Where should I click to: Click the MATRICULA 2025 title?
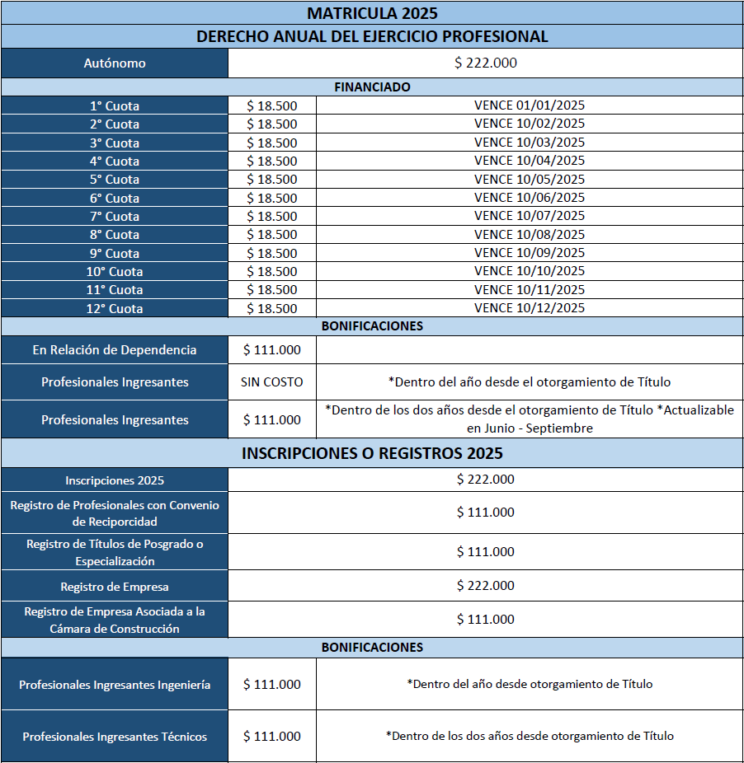click(372, 13)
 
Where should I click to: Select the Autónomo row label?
click(115, 63)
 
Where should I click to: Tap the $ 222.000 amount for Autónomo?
click(486, 63)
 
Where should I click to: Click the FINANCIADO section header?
click(372, 87)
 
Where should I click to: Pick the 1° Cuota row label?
click(115, 105)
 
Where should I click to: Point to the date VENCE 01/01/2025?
click(530, 105)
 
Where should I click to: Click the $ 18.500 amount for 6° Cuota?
click(272, 198)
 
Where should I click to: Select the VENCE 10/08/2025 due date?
click(530, 234)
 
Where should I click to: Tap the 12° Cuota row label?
click(115, 308)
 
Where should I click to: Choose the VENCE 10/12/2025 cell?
click(530, 307)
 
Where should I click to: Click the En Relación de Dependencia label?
click(115, 350)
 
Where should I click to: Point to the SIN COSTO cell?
click(272, 382)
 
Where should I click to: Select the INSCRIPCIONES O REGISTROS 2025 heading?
click(372, 453)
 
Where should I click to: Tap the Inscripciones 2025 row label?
click(115, 480)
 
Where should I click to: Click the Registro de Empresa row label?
click(115, 587)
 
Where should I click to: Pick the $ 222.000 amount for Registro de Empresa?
click(486, 586)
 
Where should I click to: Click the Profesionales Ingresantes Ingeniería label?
click(115, 685)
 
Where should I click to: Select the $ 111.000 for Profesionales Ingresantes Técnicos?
click(272, 736)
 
